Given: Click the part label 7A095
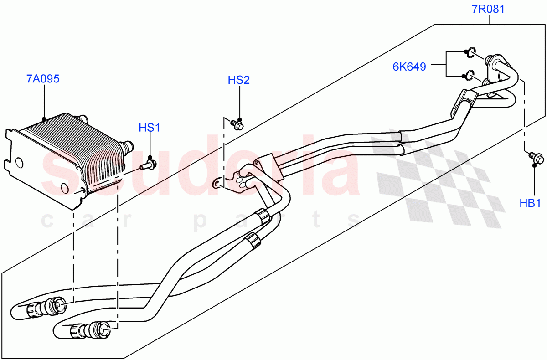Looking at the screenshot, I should point(43,79).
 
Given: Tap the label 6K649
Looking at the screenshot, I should point(409,67).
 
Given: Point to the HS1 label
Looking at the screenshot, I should point(150,128).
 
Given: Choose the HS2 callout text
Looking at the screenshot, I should point(239,80).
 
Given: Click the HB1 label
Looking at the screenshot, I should point(530,203).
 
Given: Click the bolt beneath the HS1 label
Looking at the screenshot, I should point(149,163).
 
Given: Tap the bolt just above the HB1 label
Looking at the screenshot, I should point(536,158).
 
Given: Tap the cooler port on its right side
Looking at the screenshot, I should point(126,146).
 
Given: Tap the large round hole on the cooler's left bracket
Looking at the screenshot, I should point(19,163).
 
